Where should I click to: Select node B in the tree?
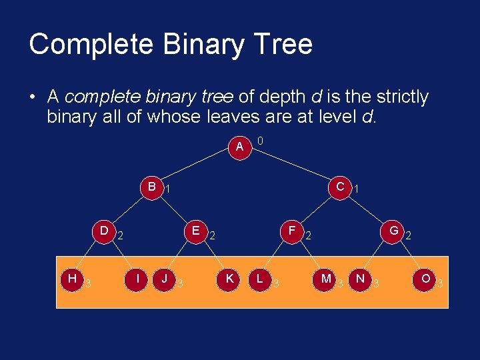click(152, 187)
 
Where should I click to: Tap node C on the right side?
click(340, 187)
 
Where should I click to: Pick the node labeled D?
click(104, 231)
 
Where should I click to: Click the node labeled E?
click(195, 231)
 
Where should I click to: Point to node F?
click(292, 231)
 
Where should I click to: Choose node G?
click(394, 231)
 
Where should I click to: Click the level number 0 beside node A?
click(260, 141)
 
